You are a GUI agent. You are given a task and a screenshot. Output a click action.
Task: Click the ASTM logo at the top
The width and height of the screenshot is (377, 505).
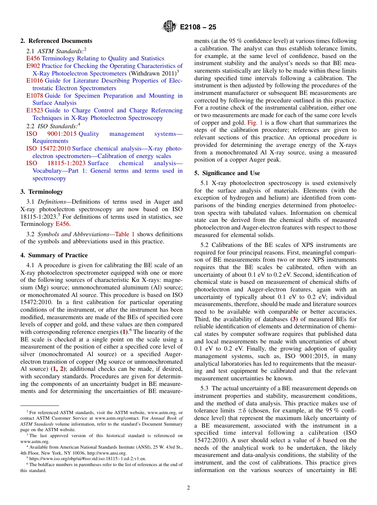click(169, 27)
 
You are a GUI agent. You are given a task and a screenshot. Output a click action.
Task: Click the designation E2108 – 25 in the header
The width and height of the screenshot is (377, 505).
click(198, 27)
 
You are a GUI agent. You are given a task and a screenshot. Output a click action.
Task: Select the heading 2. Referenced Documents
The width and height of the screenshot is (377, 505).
click(56, 41)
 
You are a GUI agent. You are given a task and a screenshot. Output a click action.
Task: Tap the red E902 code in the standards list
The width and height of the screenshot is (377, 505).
click(33, 66)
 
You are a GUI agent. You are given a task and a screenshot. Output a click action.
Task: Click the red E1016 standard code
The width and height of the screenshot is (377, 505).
click(35, 81)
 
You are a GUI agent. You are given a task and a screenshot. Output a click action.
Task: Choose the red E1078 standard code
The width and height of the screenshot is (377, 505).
click(35, 96)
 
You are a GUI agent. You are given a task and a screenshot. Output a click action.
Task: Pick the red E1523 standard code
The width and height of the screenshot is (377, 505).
click(35, 110)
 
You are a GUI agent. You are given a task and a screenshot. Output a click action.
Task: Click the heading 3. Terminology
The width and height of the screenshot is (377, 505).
click(42, 192)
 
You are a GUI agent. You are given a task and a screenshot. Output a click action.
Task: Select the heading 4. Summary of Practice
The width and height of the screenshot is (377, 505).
click(54, 255)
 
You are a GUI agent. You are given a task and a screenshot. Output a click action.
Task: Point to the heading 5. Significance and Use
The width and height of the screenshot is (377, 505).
click(227, 173)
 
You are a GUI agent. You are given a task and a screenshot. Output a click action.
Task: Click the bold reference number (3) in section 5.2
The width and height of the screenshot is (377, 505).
click(294, 320)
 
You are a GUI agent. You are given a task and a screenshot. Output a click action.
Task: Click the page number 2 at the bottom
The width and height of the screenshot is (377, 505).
click(188, 488)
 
